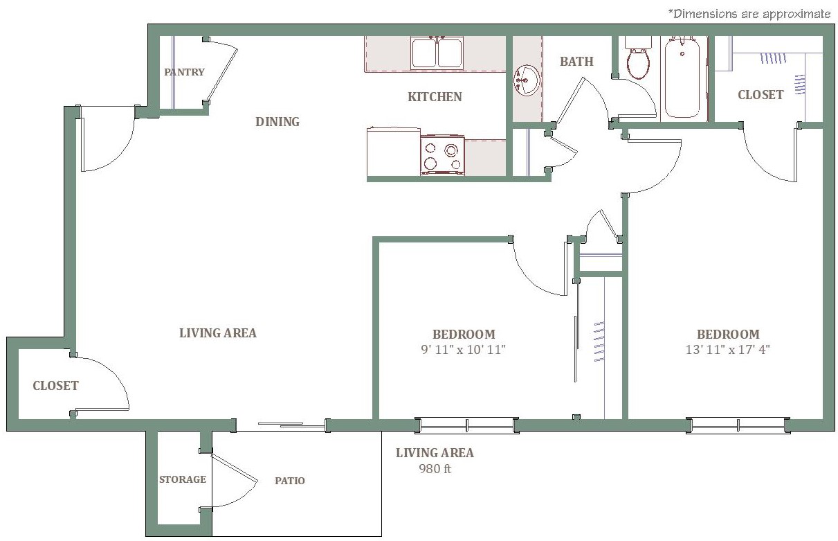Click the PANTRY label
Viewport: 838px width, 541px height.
click(185, 72)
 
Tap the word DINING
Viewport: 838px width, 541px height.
click(277, 122)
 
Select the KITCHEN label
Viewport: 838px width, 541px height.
click(435, 97)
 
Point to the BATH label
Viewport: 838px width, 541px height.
click(576, 62)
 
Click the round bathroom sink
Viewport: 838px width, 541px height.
click(527, 80)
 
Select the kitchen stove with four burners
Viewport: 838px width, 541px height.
click(443, 155)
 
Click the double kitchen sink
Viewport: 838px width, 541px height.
click(437, 53)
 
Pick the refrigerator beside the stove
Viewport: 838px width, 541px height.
click(394, 152)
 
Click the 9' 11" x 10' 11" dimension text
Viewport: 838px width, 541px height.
click(463, 350)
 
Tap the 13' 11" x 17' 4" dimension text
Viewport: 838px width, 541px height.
click(728, 350)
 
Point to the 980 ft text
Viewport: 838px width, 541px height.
click(435, 469)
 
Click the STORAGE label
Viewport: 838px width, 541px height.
click(183, 479)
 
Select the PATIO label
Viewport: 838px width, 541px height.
click(290, 481)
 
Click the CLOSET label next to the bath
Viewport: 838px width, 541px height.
click(760, 95)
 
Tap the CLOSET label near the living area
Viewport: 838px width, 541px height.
click(56, 386)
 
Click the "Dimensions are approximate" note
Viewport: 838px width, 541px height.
click(749, 15)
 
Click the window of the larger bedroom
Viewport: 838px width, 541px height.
click(738, 425)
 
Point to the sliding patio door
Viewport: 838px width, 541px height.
click(291, 425)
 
